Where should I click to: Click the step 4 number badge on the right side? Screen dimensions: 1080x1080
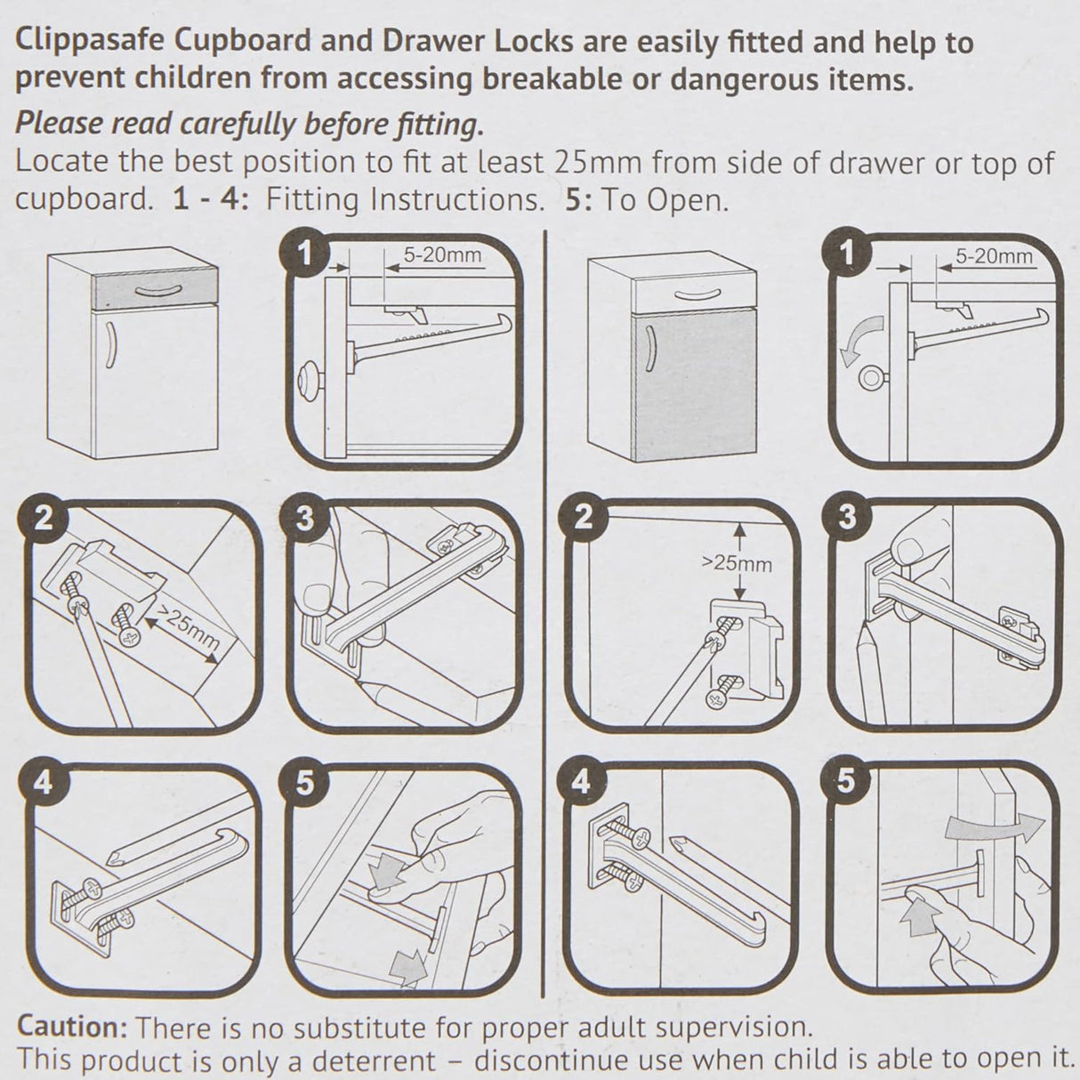(581, 781)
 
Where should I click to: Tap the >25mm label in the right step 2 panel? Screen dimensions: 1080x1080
(737, 563)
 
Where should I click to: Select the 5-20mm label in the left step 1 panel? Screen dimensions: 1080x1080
(442, 256)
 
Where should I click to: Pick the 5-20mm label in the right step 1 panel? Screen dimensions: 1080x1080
(994, 256)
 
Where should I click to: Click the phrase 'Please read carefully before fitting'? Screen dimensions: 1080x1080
(250, 124)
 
